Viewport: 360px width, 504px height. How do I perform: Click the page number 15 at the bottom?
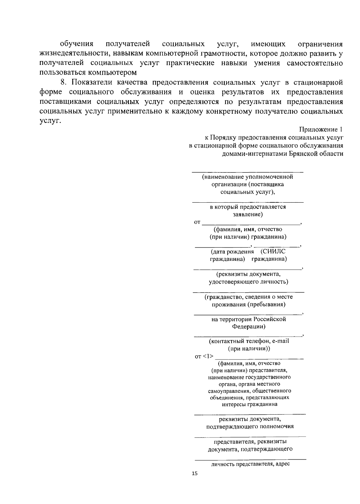tap(195, 474)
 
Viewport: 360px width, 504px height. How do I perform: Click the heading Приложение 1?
tap(321, 129)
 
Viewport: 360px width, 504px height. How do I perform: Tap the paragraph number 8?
tap(63, 82)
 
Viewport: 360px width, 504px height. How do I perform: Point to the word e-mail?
tap(280, 341)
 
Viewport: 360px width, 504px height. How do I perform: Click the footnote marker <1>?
tap(208, 356)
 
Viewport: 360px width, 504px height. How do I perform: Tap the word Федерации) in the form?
tap(248, 327)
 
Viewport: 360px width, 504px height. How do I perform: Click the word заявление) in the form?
tap(248, 214)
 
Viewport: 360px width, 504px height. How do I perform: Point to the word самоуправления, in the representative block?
tap(229, 391)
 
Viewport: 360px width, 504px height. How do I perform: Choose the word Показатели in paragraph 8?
tap(92, 82)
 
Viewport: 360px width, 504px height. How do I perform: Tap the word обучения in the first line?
tap(76, 44)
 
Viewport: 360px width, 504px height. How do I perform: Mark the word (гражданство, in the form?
tap(224, 297)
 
